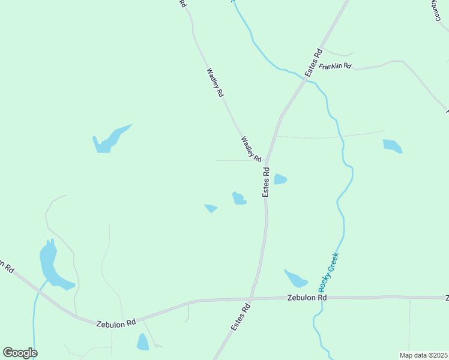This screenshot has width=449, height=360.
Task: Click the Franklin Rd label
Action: click(x=335, y=66)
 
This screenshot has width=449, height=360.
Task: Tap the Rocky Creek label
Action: click(x=329, y=272)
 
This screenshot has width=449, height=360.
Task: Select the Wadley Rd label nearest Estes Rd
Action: click(x=251, y=149)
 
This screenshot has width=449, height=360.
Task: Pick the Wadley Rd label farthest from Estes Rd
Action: click(x=215, y=82)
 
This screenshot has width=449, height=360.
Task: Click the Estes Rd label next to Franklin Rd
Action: click(x=314, y=62)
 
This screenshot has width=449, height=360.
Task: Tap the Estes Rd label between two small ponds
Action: click(x=266, y=182)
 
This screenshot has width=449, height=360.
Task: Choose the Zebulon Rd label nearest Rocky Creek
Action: click(x=307, y=298)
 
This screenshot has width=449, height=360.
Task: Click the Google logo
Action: click(x=20, y=353)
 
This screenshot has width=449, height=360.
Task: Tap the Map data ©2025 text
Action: click(x=423, y=355)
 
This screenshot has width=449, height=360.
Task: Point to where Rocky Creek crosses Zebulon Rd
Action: click(x=322, y=298)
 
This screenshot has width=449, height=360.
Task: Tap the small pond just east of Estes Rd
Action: click(x=280, y=179)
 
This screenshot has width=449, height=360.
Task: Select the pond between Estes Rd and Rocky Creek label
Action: click(x=295, y=278)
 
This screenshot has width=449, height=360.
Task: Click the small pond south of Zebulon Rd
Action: click(x=143, y=342)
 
